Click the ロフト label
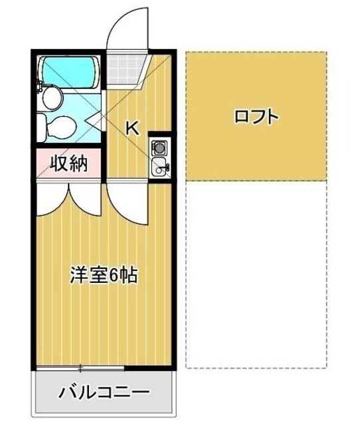pyautogui.click(x=256, y=118)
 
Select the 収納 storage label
pyautogui.click(x=69, y=162)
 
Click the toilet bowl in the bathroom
pyautogui.click(x=65, y=126)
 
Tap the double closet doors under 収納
pyautogui.click(x=68, y=199)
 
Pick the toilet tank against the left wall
pyautogui.click(x=41, y=125)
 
